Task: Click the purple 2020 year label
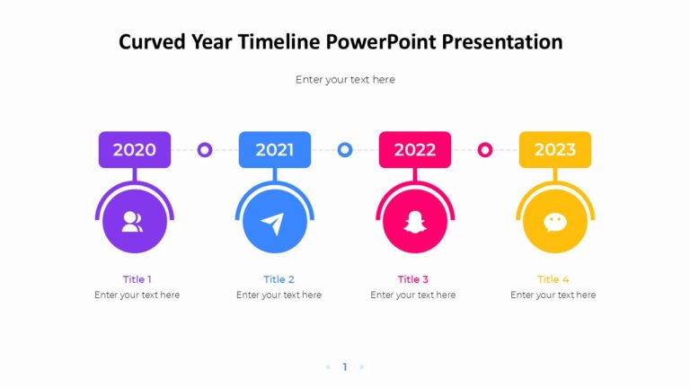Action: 134,150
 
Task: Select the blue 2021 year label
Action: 274,150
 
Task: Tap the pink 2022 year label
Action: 414,150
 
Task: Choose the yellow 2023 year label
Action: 554,150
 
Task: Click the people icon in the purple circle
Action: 133,222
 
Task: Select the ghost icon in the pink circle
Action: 414,222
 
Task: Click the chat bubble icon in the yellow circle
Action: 555,222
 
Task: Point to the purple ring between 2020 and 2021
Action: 205,150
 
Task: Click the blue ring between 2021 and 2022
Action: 345,150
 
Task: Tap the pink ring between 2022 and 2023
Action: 485,150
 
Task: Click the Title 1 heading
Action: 137,279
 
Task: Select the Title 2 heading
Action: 279,279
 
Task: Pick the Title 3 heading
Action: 413,279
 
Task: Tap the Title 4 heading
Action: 553,279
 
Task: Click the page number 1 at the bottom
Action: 345,366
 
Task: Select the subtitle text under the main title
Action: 345,80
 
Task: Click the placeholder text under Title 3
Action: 413,295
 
